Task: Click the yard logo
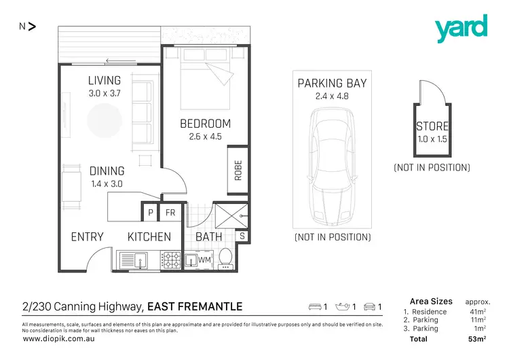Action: click(x=461, y=29)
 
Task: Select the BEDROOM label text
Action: click(x=205, y=124)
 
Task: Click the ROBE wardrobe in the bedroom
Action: click(x=238, y=170)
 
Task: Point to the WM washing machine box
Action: click(x=204, y=260)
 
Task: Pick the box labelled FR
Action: click(x=170, y=213)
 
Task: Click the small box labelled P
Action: click(x=151, y=213)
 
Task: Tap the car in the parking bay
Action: click(x=333, y=166)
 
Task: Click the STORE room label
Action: click(x=432, y=127)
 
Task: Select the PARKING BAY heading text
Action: click(x=333, y=84)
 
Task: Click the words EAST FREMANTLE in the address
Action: click(x=195, y=306)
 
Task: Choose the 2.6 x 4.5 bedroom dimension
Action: click(x=205, y=137)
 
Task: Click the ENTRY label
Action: click(x=88, y=237)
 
